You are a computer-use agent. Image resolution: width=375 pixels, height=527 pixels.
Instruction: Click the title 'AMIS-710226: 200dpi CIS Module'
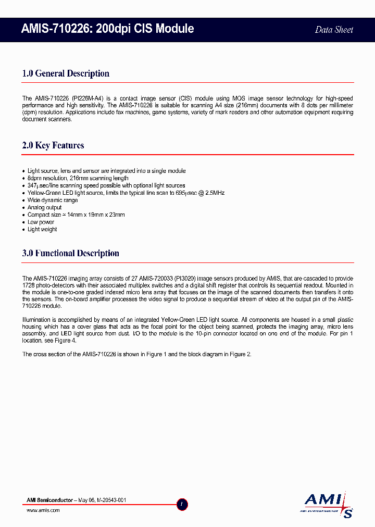108,29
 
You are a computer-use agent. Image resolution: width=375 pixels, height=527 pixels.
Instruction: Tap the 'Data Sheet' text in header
334,30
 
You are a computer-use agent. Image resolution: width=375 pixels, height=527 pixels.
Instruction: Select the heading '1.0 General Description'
66,73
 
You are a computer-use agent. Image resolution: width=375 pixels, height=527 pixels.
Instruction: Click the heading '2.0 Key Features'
53,145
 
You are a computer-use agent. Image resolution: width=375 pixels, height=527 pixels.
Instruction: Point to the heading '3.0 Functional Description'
71,254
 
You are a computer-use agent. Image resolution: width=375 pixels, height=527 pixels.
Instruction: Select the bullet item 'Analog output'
45,207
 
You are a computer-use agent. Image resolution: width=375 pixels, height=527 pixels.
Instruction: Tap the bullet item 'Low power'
41,222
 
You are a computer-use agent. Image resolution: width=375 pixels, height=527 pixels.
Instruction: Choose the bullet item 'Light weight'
42,229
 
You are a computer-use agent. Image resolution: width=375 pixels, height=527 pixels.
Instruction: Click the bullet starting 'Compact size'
76,215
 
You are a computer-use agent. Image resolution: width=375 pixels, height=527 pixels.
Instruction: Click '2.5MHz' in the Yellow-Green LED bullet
214,193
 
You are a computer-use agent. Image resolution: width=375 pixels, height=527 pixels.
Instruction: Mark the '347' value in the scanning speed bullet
32,185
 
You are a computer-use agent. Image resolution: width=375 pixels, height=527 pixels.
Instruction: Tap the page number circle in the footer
182,504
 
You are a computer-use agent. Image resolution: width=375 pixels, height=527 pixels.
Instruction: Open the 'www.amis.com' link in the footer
43,510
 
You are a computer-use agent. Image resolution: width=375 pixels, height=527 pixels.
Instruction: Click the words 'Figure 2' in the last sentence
241,354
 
